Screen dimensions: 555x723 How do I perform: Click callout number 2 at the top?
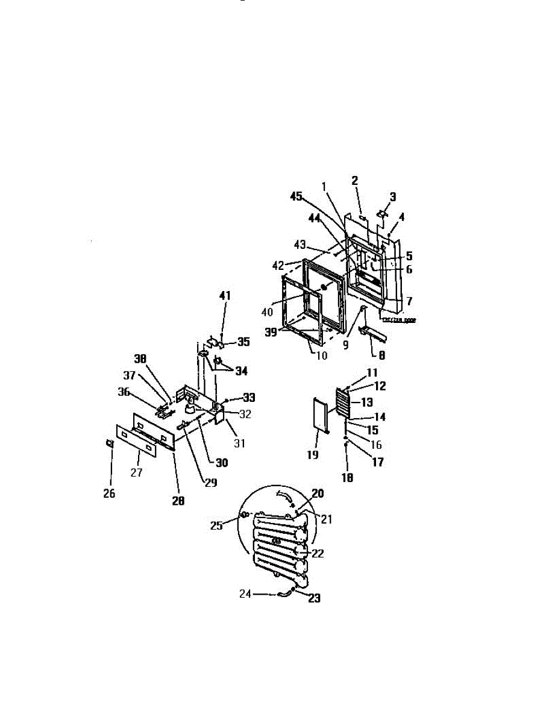(x=355, y=180)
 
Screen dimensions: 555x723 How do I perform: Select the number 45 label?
(x=296, y=196)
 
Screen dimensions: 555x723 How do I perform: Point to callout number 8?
(x=382, y=355)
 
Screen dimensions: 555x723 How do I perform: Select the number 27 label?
(x=137, y=473)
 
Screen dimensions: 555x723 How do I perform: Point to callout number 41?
(x=224, y=296)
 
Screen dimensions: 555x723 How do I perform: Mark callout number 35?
(x=243, y=341)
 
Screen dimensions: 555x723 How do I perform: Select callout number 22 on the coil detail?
(x=318, y=554)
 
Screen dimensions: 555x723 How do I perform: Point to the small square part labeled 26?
(x=110, y=444)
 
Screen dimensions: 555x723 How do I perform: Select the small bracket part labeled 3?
(x=383, y=213)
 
